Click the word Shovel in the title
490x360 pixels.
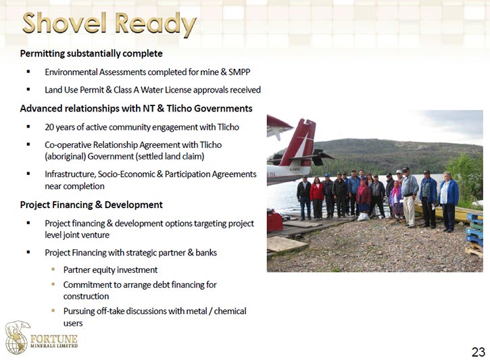tap(64, 23)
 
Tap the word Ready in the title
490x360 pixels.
tap(155, 24)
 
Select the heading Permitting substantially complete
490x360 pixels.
tap(91, 53)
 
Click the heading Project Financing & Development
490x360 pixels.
tap(91, 205)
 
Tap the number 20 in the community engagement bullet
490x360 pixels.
tap(49, 127)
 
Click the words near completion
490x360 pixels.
tap(75, 186)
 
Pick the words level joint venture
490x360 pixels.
tap(77, 235)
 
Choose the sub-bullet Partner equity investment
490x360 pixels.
tap(110, 269)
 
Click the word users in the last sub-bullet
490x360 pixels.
tap(73, 323)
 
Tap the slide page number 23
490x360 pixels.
tap(478, 352)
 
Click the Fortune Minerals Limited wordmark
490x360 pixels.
tap(54, 341)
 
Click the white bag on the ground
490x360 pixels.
tap(363, 217)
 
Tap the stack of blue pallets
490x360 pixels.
tap(474, 229)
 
